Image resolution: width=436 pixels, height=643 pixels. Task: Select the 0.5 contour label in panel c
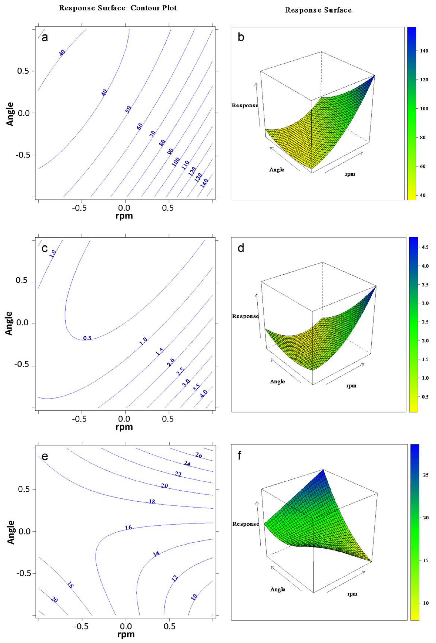pyautogui.click(x=87, y=338)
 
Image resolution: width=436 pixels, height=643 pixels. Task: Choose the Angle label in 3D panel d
pyautogui.click(x=277, y=382)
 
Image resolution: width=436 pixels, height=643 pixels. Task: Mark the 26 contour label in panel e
pyautogui.click(x=199, y=455)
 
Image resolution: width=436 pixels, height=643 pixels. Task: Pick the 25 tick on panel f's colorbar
pyautogui.click(x=426, y=475)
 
